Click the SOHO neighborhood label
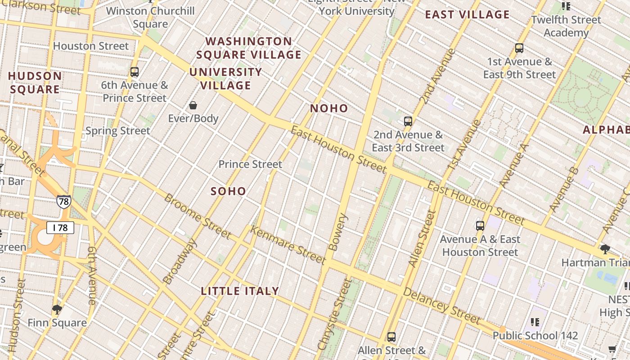point(229,191)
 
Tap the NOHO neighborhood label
point(329,108)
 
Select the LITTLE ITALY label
point(240,291)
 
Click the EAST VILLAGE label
point(467,14)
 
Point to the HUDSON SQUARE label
point(35,82)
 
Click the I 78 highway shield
point(60,228)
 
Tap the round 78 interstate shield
point(63,202)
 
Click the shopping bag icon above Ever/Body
point(193,106)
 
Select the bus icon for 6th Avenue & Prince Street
point(134,72)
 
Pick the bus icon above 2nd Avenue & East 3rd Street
point(408,121)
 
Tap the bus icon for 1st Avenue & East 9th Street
point(519,48)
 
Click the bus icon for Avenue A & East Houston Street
point(480,226)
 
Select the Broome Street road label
point(198,216)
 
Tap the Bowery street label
point(338,232)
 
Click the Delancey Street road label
point(442,306)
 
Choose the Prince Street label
point(250,164)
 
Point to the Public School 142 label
point(535,335)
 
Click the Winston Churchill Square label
point(150,17)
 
